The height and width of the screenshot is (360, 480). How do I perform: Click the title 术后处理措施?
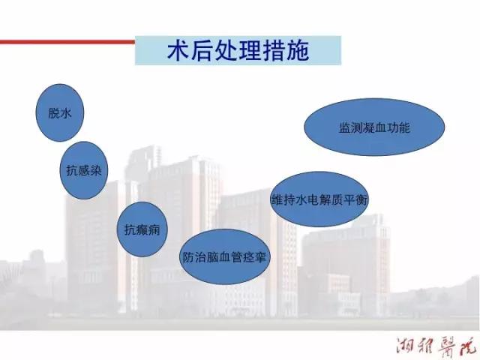coord(238,50)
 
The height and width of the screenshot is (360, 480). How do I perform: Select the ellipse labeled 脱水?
coord(60,112)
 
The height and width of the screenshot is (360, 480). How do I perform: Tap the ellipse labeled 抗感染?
coord(84,170)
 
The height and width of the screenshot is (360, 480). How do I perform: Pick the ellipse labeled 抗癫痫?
coord(142,229)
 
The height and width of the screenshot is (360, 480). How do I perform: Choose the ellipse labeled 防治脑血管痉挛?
coord(224,256)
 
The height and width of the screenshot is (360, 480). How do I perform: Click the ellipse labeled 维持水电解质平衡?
coord(319,199)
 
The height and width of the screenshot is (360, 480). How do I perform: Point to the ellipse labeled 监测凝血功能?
coord(374,127)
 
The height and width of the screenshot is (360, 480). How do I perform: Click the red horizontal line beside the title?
coord(67,42)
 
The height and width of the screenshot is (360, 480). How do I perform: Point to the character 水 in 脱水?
coord(66,113)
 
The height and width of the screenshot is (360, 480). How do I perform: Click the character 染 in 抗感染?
coord(95,170)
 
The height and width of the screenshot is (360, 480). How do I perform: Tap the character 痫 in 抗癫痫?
coord(154,229)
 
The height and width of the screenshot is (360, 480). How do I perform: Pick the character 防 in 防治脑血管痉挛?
coord(187,257)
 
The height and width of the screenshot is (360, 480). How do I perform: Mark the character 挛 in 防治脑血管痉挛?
coord(261,257)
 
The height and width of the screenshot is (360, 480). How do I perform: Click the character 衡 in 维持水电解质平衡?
coord(361,199)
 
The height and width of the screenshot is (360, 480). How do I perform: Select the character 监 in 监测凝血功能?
coord(345,127)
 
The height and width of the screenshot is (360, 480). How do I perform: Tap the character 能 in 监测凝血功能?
coord(403,127)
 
